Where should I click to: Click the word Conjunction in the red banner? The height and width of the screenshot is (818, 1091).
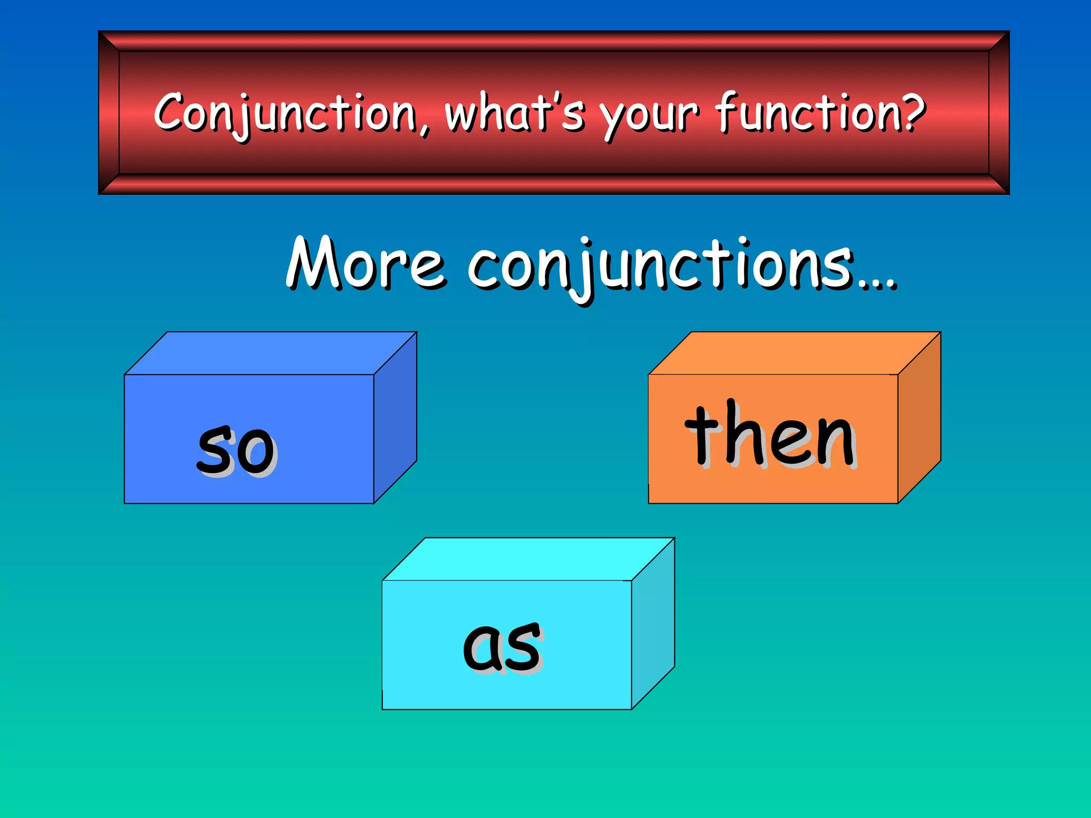(x=285, y=113)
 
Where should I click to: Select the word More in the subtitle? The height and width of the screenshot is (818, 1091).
(x=365, y=264)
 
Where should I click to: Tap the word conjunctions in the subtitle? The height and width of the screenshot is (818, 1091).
(x=661, y=266)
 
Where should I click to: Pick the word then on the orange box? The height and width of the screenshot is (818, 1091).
(x=770, y=434)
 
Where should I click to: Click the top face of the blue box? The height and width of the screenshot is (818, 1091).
(x=271, y=353)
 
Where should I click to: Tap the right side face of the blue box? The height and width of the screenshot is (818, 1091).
(x=395, y=418)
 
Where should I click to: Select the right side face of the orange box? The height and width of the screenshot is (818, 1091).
(x=919, y=418)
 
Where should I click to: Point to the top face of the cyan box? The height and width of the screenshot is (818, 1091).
(x=528, y=559)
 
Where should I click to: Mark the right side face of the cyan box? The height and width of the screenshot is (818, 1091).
(x=653, y=624)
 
